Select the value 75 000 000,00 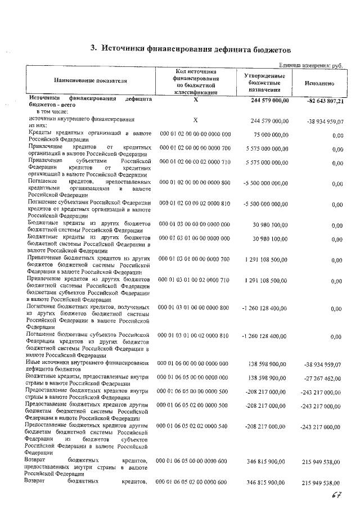268,135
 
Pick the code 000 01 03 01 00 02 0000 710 195,280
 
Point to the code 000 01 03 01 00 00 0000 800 195,308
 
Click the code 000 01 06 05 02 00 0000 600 195,482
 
